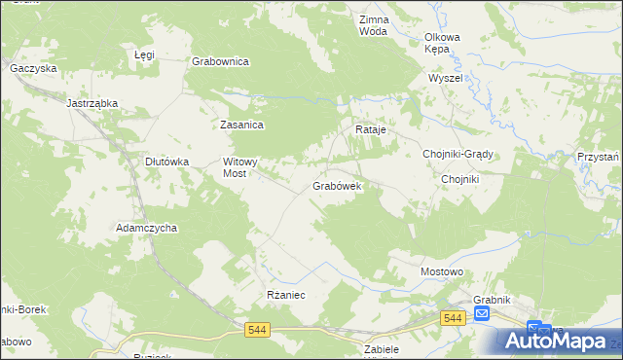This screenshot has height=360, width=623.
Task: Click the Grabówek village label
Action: click(337, 185)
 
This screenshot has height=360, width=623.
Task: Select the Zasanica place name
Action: click(242, 125)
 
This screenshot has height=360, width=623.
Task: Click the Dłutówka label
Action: click(166, 162)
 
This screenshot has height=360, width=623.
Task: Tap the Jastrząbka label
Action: click(92, 102)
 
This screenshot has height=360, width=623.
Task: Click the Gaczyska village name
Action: click(34, 69)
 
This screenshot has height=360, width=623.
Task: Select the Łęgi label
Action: click(144, 55)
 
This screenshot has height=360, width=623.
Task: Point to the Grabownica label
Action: click(221, 61)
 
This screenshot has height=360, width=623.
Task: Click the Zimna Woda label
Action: click(373, 25)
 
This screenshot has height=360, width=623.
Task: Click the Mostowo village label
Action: click(441, 271)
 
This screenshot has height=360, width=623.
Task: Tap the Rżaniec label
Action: click(286, 295)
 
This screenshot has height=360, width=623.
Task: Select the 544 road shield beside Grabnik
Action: click(452, 318)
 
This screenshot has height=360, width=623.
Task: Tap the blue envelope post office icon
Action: click(482, 314)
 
